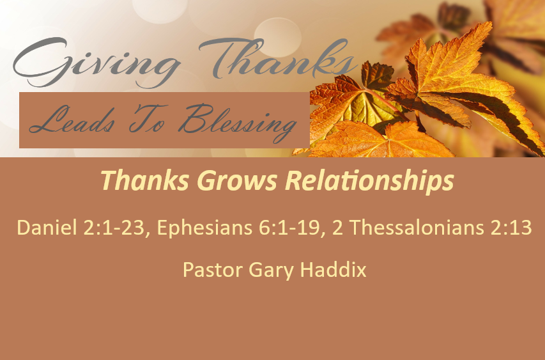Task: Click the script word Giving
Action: (96, 63)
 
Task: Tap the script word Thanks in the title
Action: (278, 59)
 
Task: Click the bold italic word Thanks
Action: (145, 180)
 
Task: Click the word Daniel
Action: (47, 228)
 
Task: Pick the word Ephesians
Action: (204, 228)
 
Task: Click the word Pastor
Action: (212, 270)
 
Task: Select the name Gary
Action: (271, 270)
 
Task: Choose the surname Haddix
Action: (334, 270)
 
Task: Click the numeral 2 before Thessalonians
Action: (337, 228)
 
